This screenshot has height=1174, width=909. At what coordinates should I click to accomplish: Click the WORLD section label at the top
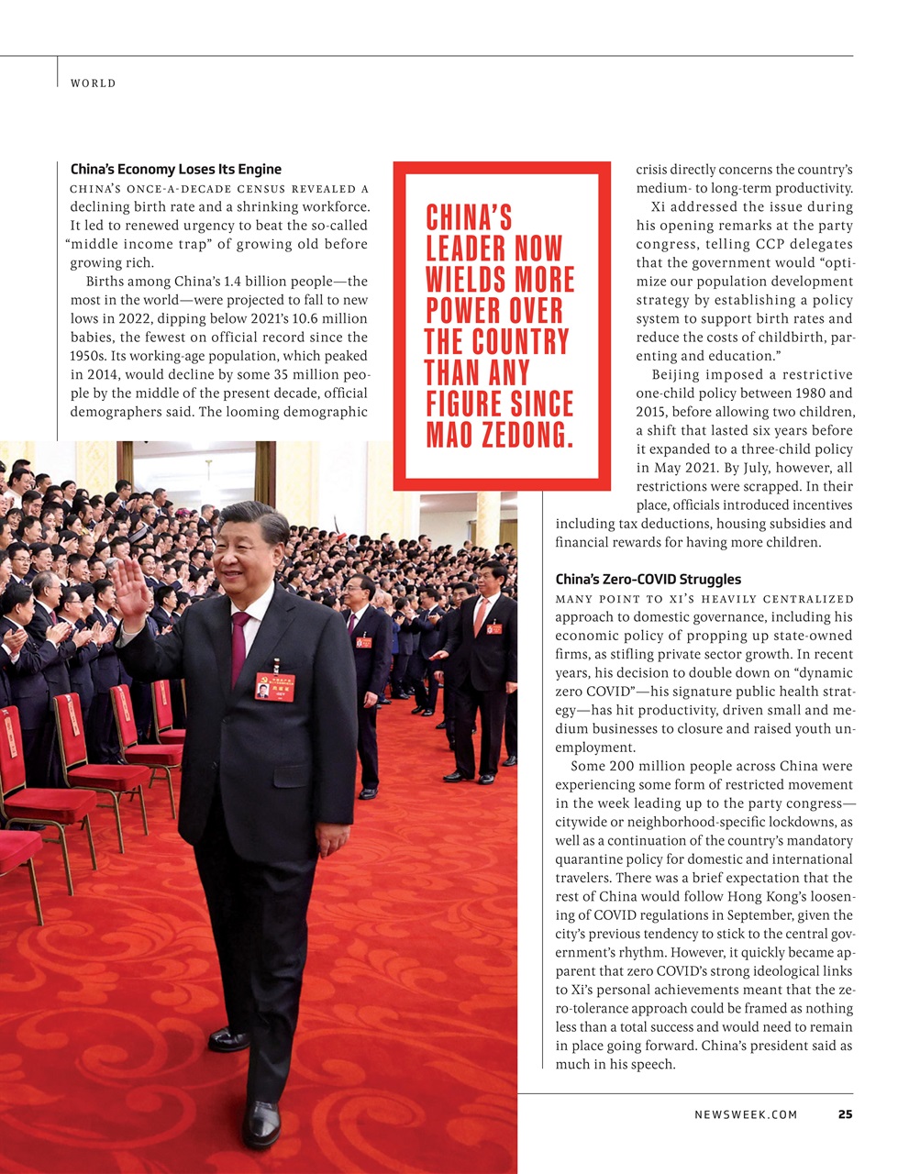pyautogui.click(x=93, y=83)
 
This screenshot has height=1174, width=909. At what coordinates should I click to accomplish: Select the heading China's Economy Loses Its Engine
pyautogui.click(x=175, y=170)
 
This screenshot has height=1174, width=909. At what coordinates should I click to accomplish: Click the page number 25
pyautogui.click(x=845, y=1114)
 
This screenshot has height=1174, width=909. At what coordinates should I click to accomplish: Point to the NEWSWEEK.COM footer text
pyautogui.click(x=746, y=1115)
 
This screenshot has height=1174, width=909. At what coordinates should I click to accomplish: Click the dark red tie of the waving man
pyautogui.click(x=239, y=647)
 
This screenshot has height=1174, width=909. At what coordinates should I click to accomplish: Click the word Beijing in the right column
pyautogui.click(x=677, y=375)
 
